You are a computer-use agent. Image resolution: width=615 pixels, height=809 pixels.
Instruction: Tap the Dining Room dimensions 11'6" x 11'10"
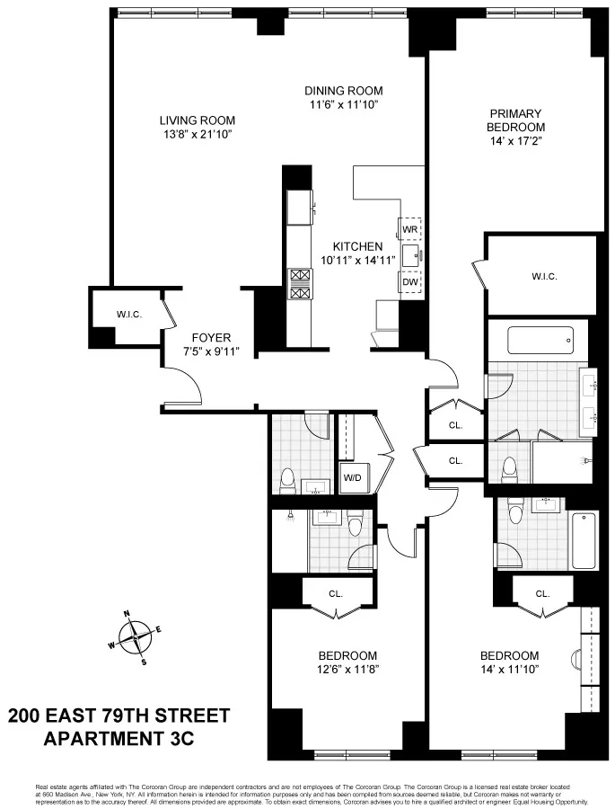click(x=343, y=104)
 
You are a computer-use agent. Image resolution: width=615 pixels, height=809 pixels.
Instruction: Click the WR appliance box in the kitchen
click(x=410, y=229)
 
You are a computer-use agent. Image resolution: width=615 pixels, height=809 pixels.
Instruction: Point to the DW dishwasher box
click(x=410, y=282)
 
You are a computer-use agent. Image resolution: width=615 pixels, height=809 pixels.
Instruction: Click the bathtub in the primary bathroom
click(x=540, y=341)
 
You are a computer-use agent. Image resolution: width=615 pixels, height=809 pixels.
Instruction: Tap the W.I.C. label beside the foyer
click(x=131, y=315)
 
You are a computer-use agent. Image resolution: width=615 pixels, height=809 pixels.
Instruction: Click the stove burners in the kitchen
click(x=298, y=284)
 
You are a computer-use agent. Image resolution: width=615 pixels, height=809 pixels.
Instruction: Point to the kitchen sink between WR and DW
click(x=411, y=256)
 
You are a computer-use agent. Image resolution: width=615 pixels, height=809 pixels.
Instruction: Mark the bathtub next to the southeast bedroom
click(x=584, y=540)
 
